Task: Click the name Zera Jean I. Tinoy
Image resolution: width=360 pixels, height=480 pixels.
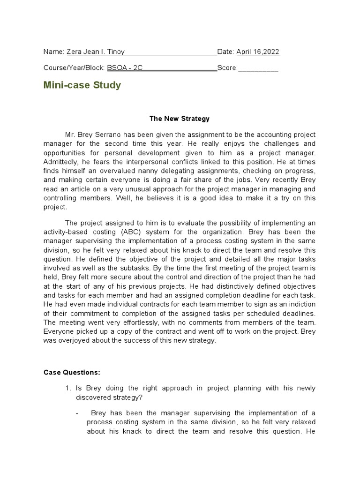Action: (96, 52)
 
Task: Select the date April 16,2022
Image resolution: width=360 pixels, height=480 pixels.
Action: (257, 52)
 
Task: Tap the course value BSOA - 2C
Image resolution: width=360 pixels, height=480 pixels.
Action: (124, 67)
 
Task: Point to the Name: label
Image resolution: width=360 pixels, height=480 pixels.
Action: (53, 52)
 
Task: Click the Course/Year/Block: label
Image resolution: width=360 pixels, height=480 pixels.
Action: (74, 67)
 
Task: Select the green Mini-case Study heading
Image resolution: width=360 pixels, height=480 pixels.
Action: (82, 85)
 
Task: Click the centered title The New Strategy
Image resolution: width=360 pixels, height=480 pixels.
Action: (180, 119)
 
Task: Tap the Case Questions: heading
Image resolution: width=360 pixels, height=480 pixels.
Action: (72, 373)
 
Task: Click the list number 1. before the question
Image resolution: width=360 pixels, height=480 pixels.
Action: (68, 389)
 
